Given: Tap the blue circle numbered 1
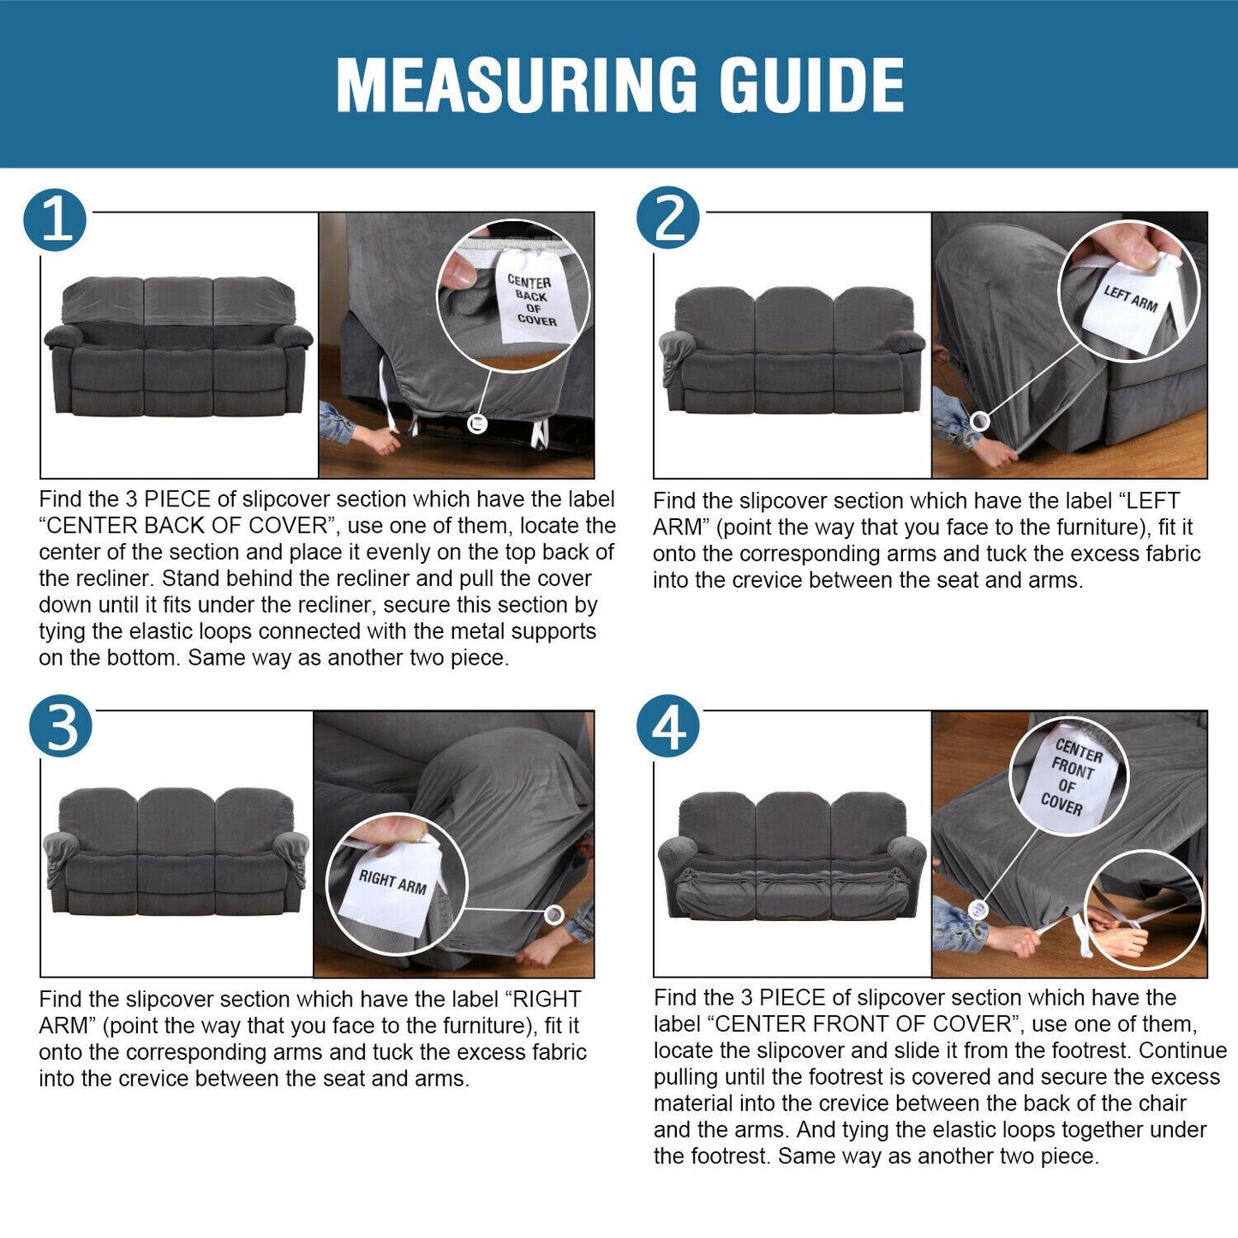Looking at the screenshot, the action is click(55, 219).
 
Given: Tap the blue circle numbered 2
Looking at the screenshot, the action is click(668, 218).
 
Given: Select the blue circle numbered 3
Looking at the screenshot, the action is click(60, 726).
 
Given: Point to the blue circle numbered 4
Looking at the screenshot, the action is click(668, 726).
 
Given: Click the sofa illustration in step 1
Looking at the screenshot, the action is click(178, 346).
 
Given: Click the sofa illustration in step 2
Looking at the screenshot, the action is click(792, 350).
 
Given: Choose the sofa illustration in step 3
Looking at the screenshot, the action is click(176, 851).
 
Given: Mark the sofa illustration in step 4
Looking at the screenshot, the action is click(792, 856).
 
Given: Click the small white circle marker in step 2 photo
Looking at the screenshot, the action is click(979, 422).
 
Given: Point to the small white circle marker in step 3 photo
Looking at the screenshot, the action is click(553, 914).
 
